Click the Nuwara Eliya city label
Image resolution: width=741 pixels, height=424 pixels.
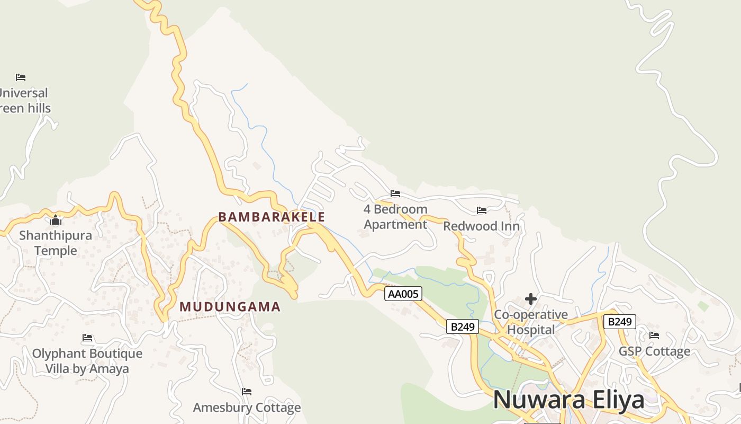click(569, 400)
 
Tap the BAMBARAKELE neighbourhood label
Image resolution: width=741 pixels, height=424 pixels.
click(272, 217)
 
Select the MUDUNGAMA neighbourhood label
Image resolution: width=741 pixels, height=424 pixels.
click(230, 307)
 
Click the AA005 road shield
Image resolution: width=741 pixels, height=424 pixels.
click(403, 294)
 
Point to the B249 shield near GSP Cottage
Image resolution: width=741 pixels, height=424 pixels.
click(619, 322)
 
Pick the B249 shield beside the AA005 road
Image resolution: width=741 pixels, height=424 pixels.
click(463, 326)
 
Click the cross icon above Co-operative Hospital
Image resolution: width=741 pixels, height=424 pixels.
click(531, 299)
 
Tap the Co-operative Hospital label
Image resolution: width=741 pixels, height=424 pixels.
click(531, 322)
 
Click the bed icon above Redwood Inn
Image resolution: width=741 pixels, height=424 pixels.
click(482, 210)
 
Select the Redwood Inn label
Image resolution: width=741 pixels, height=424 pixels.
click(481, 226)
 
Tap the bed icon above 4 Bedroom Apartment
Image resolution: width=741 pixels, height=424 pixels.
click(395, 193)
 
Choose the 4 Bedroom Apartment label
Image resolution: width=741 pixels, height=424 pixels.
click(395, 217)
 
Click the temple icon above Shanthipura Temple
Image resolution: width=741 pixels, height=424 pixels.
click(56, 220)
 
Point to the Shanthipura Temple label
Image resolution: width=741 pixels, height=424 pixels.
click(56, 243)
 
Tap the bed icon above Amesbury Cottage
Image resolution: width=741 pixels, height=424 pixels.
click(247, 392)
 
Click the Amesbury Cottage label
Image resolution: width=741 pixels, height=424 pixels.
click(247, 408)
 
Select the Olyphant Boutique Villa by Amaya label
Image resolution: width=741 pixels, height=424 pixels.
click(87, 361)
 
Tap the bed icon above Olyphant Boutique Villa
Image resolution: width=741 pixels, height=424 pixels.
click(87, 338)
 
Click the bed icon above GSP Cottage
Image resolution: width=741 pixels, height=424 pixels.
click(654, 335)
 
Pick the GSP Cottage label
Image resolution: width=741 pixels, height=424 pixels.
click(654, 351)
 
